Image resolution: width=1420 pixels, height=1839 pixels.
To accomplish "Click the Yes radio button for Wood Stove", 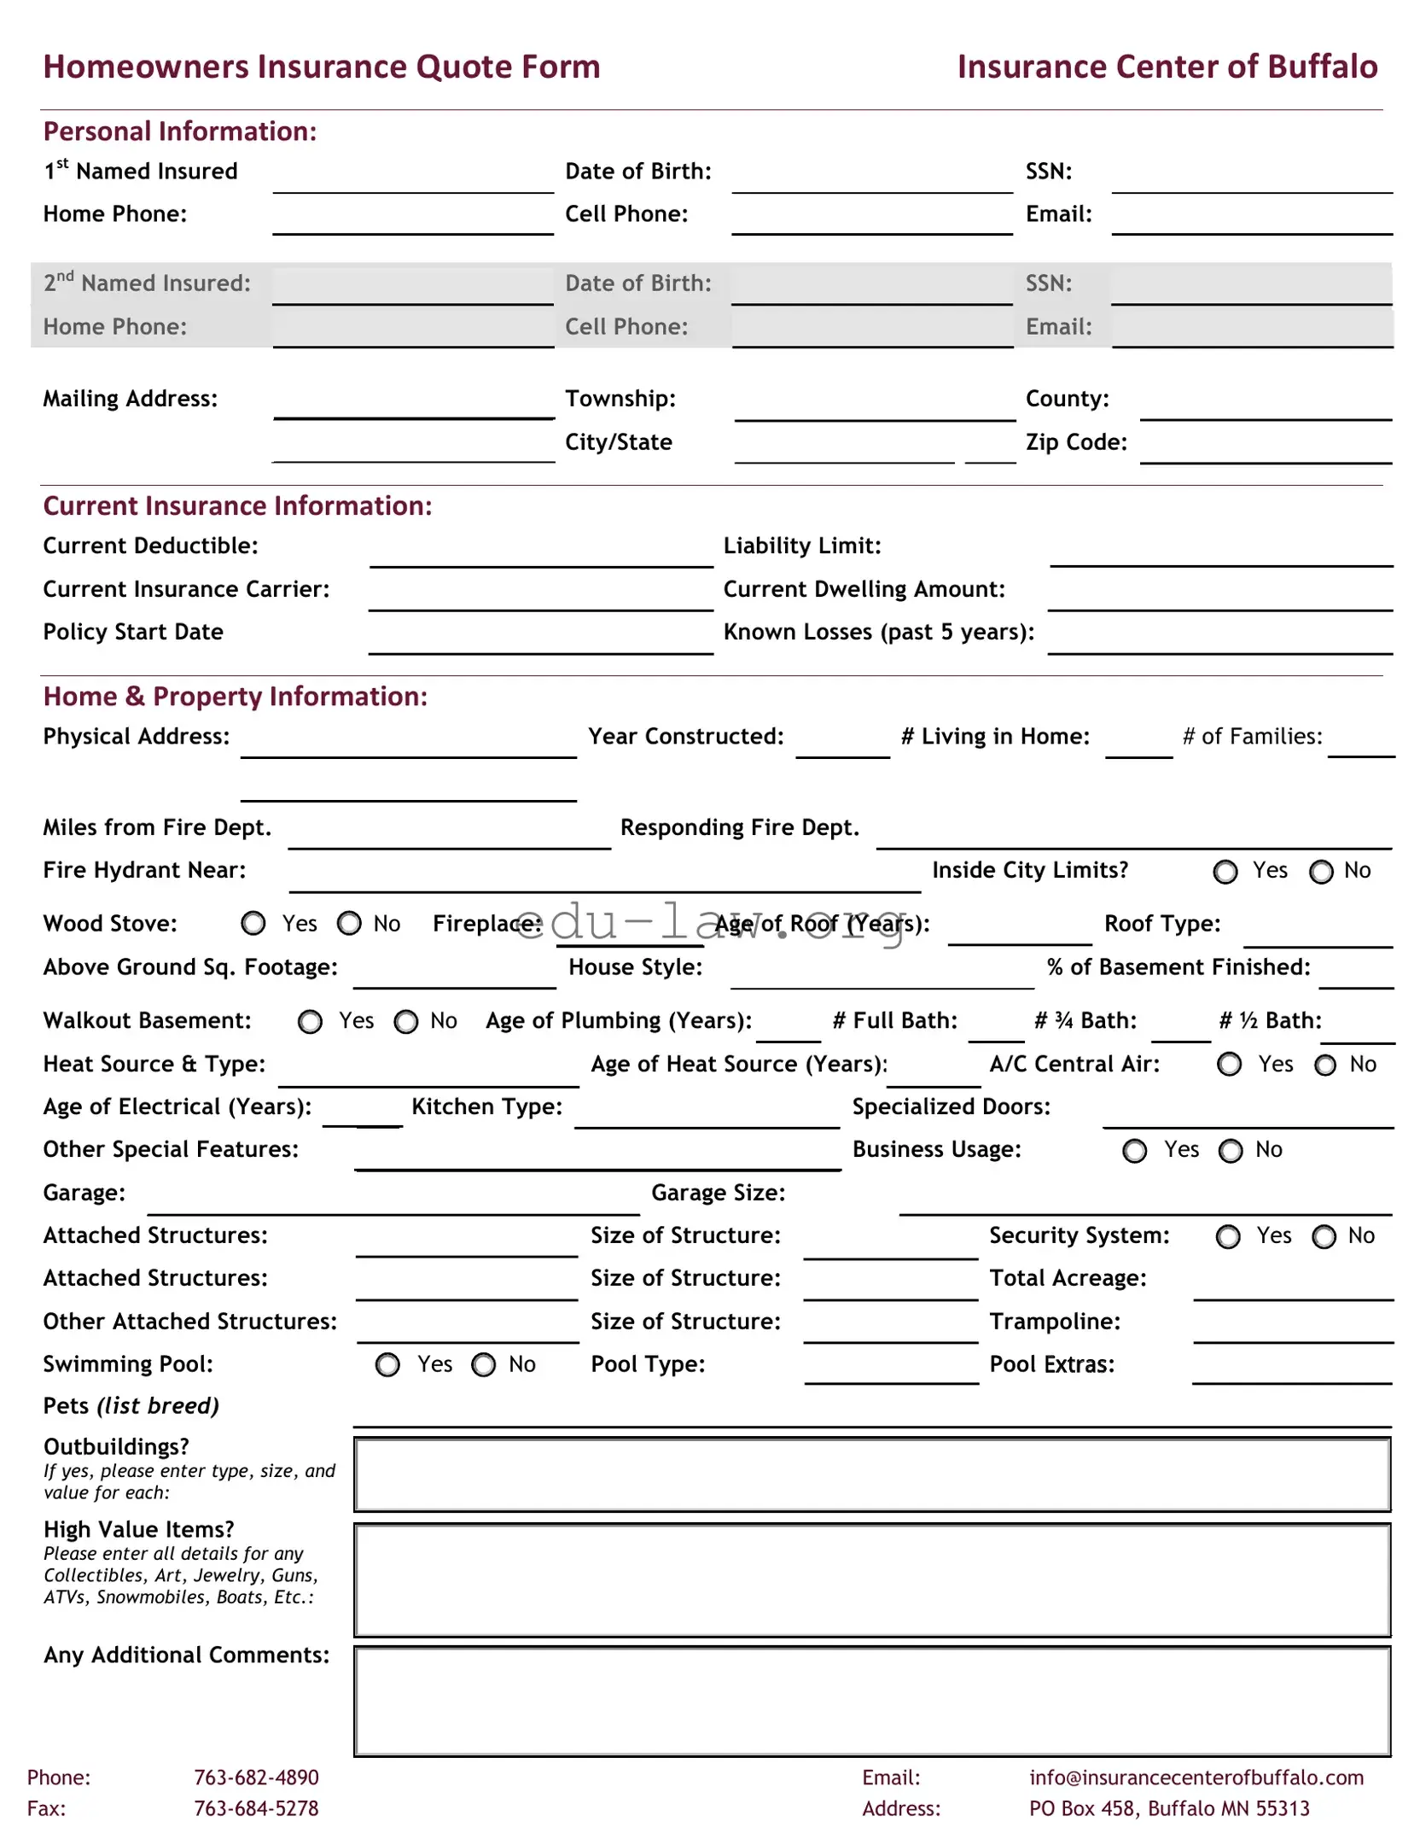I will pyautogui.click(x=253, y=924).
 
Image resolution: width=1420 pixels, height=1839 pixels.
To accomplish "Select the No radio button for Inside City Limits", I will pyautogui.click(x=1321, y=872).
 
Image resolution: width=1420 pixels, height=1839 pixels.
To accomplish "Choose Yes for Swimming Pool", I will pyautogui.click(x=387, y=1365).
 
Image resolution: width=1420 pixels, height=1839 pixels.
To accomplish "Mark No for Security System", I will pyautogui.click(x=1324, y=1237).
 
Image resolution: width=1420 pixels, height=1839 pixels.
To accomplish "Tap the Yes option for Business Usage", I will pyautogui.click(x=1134, y=1152).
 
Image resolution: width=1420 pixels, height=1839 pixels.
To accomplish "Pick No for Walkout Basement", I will pyautogui.click(x=406, y=1022).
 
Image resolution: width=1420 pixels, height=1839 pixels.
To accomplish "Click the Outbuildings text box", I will pyautogui.click(x=872, y=1474).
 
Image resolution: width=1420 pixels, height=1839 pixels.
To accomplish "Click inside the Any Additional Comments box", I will pyautogui.click(x=872, y=1701).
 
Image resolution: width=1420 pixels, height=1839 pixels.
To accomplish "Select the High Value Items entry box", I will pyautogui.click(x=872, y=1580).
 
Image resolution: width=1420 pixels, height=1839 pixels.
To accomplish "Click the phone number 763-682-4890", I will pyautogui.click(x=256, y=1778).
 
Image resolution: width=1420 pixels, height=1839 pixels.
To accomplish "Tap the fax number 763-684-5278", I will pyautogui.click(x=256, y=1808).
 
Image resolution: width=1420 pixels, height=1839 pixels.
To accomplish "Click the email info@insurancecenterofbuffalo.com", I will pyautogui.click(x=1196, y=1778).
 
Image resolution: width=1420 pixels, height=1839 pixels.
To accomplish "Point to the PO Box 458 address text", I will pyautogui.click(x=1168, y=1808).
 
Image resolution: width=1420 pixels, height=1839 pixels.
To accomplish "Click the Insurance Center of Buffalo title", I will pyautogui.click(x=1167, y=67).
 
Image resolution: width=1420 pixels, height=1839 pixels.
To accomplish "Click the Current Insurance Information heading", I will pyautogui.click(x=237, y=506).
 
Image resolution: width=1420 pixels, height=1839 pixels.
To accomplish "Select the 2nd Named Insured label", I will pyautogui.click(x=147, y=283).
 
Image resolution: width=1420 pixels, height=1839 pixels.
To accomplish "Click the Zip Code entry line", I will pyautogui.click(x=1265, y=452).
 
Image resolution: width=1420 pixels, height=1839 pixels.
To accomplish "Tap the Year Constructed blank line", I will pyautogui.click(x=842, y=746).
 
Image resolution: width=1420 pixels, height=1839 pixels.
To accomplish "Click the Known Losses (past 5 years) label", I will pyautogui.click(x=878, y=633).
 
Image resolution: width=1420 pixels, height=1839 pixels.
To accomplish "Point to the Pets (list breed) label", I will pyautogui.click(x=131, y=1406).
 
